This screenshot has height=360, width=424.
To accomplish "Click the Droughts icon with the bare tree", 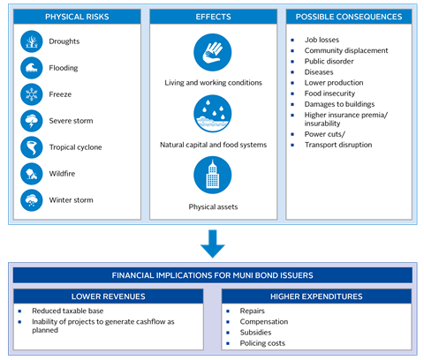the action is [32, 41].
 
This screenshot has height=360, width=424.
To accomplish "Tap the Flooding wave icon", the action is [32, 68].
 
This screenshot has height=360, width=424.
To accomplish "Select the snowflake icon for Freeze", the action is [32, 94].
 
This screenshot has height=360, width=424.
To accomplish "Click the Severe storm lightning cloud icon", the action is [32, 121].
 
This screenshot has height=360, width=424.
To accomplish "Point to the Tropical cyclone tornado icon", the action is [32, 147].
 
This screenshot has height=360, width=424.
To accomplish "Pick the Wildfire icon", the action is [32, 174].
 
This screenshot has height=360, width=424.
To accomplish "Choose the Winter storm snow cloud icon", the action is [32, 200].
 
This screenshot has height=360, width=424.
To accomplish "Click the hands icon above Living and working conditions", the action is [213, 52].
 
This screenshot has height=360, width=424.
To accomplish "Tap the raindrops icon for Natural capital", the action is [213, 114].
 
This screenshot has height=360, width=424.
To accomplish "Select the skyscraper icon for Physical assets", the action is [213, 175].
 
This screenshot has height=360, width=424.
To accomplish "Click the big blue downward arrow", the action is [213, 244].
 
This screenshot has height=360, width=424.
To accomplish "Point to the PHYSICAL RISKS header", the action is [77, 17].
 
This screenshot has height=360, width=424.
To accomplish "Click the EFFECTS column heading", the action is [213, 17].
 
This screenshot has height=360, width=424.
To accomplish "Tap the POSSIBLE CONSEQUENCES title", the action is [349, 17].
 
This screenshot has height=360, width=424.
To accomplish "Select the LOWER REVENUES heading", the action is [109, 296].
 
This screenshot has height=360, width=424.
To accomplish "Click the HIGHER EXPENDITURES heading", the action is [316, 296].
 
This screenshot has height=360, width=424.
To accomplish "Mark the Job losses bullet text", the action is [322, 40].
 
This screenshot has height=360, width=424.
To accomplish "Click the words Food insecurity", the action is [329, 94].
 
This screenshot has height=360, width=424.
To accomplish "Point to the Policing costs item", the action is [262, 343].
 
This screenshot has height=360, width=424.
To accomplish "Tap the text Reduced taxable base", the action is [68, 311].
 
